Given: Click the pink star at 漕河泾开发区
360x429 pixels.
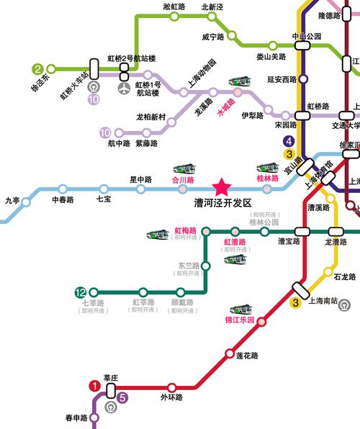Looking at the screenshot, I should point(221,187).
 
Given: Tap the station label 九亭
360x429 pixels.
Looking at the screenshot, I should point(13,201).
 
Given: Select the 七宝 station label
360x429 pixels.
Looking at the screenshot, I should point(103,199).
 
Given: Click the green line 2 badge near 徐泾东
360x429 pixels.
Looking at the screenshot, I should point(37,70).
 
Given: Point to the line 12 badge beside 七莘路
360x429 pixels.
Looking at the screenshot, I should point(81,292).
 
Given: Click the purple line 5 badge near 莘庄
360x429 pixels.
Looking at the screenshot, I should point(122,397).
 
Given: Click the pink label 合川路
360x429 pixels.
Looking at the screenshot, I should point(181,179).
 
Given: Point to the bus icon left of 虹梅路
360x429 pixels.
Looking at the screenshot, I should point(158,235).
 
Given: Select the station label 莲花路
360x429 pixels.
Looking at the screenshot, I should point(247,356).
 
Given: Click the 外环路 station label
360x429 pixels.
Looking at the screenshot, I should point(171,397).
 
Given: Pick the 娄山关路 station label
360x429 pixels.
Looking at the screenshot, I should point(271,56).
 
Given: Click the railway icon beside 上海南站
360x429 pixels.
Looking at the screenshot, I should point(344,304).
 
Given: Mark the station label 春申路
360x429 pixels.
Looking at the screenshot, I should point(76,417).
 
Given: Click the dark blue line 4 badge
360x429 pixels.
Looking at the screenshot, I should point(289,142).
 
